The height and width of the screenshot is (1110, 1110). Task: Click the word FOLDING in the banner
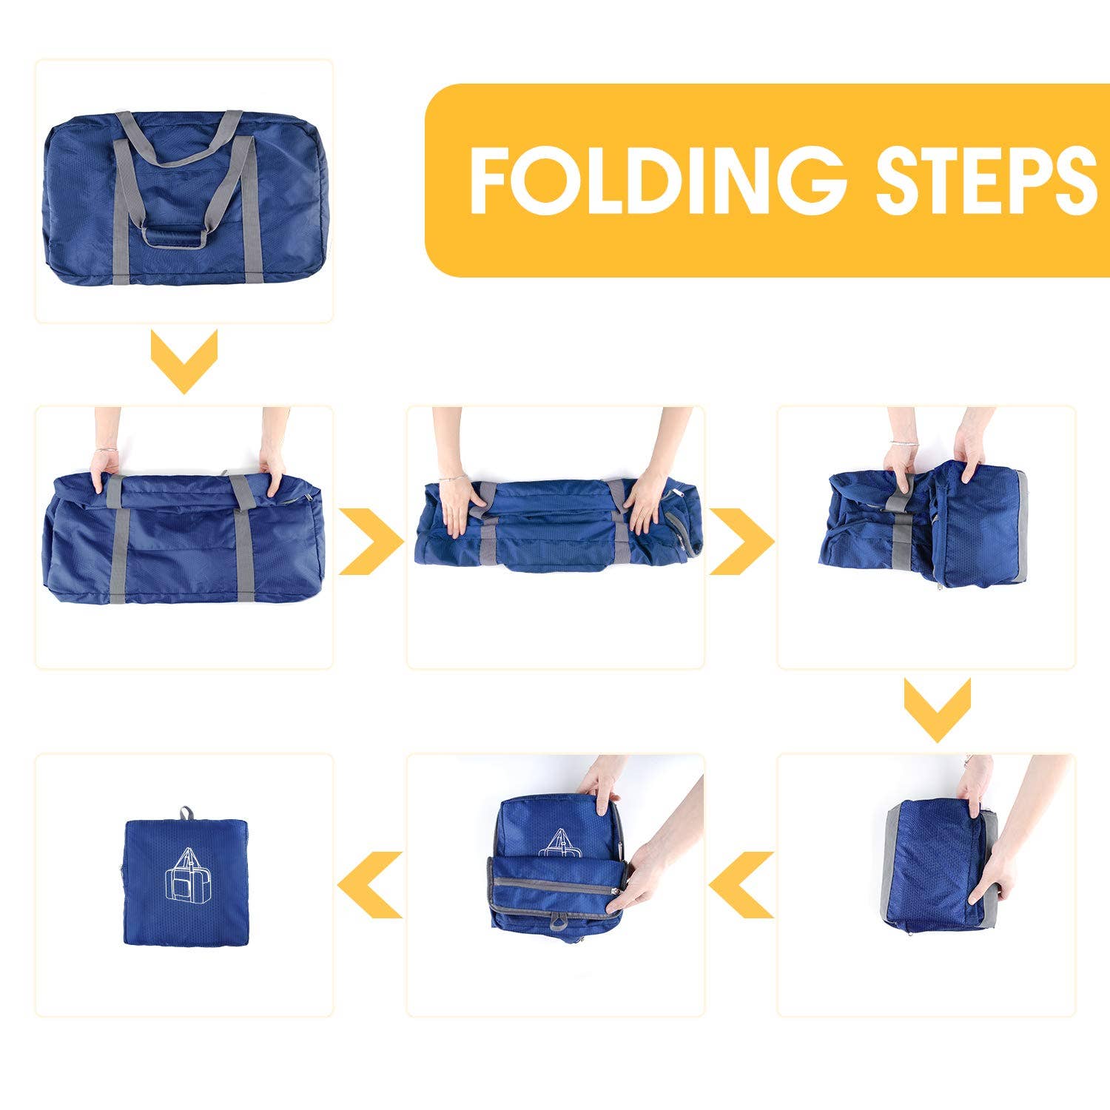[656, 180]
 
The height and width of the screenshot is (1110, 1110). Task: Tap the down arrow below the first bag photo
[184, 360]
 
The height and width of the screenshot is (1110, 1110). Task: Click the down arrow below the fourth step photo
[937, 709]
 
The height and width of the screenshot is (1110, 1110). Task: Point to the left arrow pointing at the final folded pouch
[370, 884]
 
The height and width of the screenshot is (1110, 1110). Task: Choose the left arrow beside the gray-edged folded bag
[741, 884]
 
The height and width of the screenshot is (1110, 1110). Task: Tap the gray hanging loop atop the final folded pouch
[185, 813]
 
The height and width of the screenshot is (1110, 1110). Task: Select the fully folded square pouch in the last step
[186, 881]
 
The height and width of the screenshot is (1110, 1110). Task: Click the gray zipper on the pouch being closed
[555, 882]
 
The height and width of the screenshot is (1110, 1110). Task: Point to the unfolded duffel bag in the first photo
[185, 196]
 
